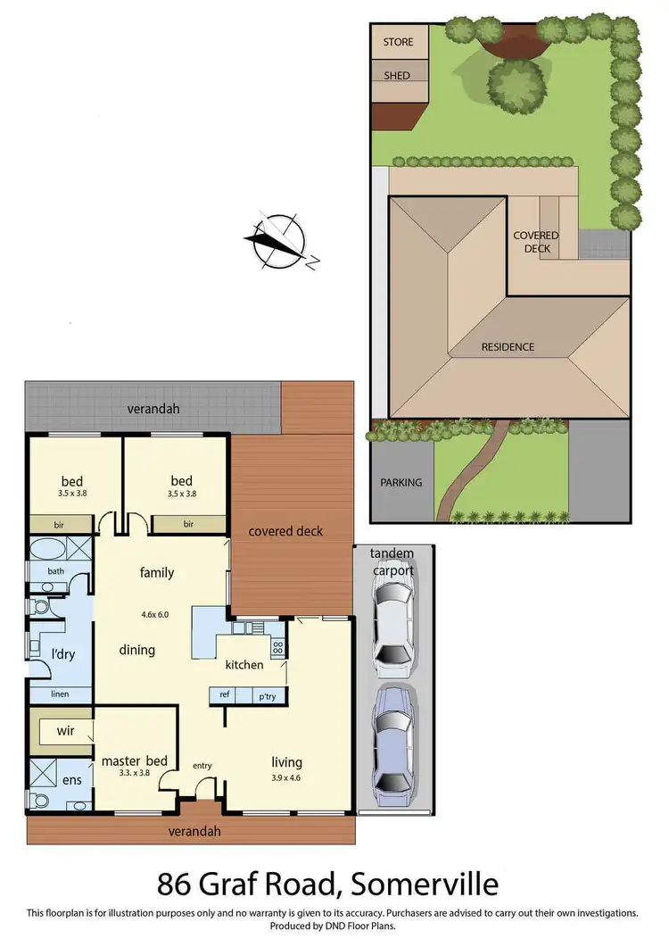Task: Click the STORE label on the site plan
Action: pyautogui.click(x=398, y=42)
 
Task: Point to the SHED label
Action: pyautogui.click(x=397, y=76)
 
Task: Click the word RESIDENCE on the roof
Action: pyautogui.click(x=508, y=346)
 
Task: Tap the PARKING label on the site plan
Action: pyautogui.click(x=401, y=483)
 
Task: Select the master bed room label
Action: pyautogui.click(x=134, y=761)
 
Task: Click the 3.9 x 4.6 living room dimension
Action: pyautogui.click(x=286, y=777)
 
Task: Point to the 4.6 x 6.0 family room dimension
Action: pyautogui.click(x=155, y=614)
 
